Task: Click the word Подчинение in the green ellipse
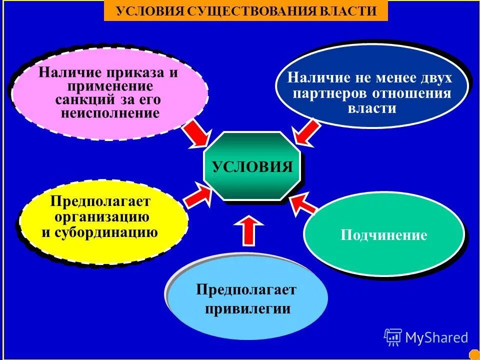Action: [x=384, y=235]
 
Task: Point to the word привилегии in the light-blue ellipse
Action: [x=247, y=308]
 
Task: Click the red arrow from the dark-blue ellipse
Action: [x=306, y=132]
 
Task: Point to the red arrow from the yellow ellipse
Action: [x=197, y=195]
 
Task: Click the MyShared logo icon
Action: [x=393, y=337]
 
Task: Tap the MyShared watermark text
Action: [x=436, y=337]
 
